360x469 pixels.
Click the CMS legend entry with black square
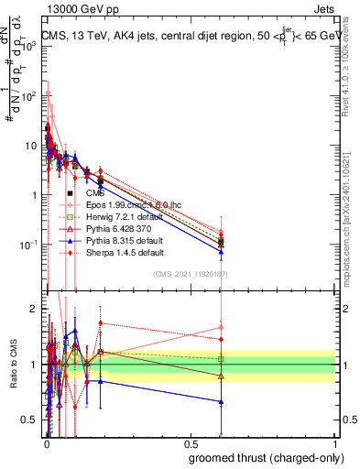pyautogui.click(x=95, y=194)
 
